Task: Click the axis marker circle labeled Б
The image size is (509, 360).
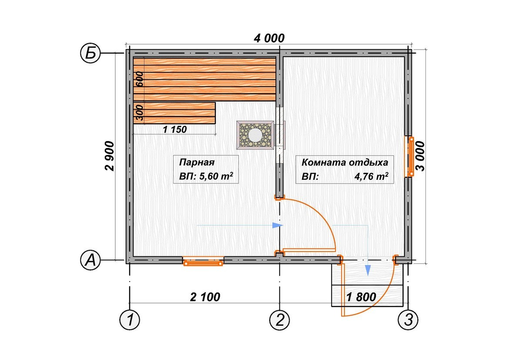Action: [90, 53]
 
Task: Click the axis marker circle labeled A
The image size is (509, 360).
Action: [90, 260]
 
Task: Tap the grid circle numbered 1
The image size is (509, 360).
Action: [130, 320]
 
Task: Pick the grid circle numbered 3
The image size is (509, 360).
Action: [408, 320]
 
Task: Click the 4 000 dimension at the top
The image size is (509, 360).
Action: [269, 38]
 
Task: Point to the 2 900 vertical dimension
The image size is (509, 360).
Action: [109, 156]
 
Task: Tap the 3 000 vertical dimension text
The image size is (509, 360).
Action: [420, 156]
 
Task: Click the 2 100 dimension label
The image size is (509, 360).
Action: [205, 296]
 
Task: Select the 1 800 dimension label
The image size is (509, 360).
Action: [361, 296]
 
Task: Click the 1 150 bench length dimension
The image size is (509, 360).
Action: [174, 129]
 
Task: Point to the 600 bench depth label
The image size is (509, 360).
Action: [139, 79]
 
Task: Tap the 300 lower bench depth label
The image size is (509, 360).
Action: [139, 113]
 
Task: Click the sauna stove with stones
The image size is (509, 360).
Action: [255, 135]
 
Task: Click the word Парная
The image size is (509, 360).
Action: [197, 162]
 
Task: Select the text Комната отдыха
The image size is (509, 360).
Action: [345, 162]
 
